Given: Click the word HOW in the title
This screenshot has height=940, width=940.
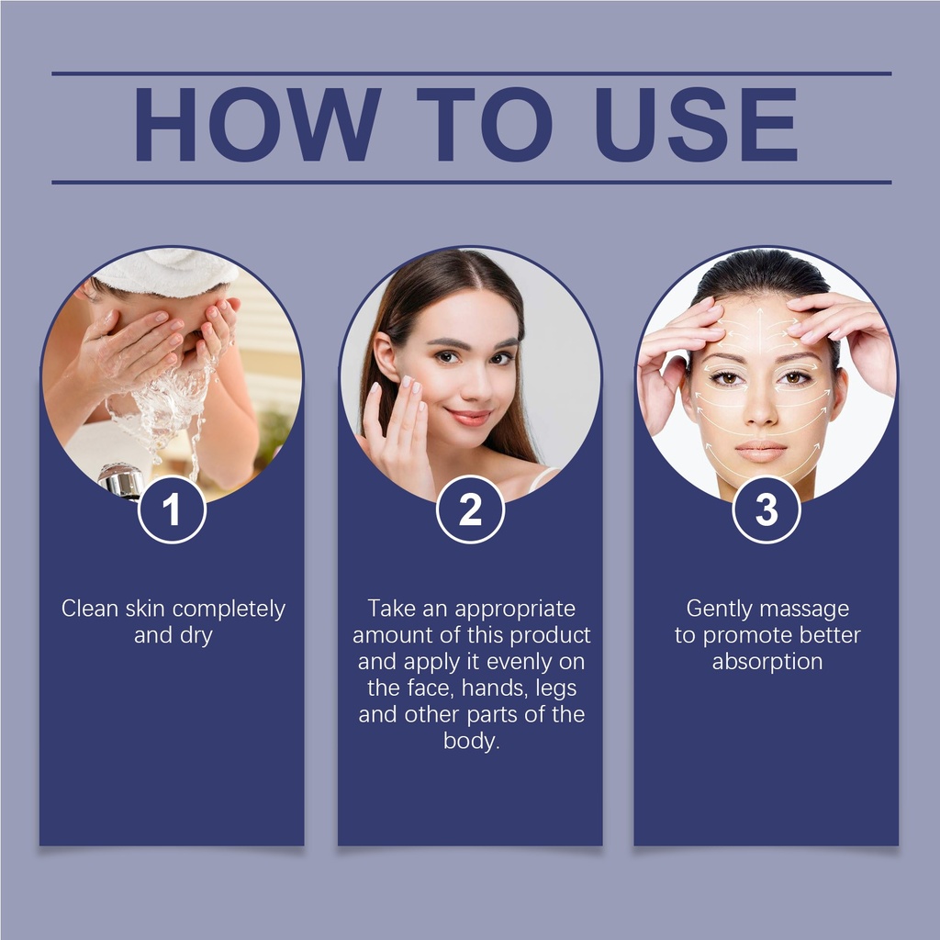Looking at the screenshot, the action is pos(257,124).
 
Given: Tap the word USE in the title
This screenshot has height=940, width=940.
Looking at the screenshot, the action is pos(696,124).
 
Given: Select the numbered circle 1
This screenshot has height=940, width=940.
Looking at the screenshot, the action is pos(172,509).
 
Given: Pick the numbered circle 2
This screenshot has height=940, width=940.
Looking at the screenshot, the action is pos(470,509).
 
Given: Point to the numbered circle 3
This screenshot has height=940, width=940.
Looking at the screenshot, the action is pos(767,509).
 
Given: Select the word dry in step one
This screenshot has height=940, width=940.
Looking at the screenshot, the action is pos(196,636).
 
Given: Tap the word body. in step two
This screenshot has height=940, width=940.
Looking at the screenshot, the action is pos(471,742).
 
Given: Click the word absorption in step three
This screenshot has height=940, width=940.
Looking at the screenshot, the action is pos(767,663).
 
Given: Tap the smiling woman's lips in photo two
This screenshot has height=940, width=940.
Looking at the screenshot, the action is pos(469,416).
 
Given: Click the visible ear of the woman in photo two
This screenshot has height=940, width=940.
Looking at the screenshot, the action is pos(385,357).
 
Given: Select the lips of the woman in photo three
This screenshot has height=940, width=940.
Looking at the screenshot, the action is pos(760,451).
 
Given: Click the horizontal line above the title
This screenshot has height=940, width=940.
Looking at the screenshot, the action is pos(471,73).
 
